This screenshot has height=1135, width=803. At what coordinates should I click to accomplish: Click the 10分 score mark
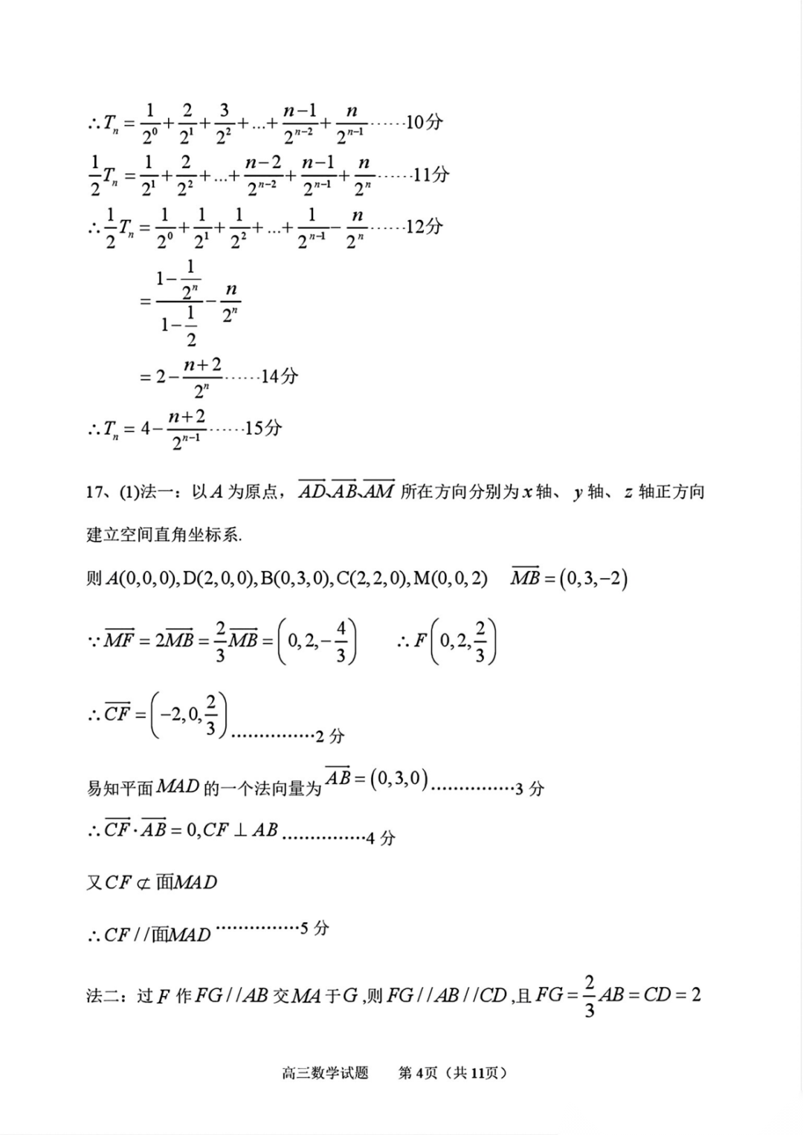coord(425,122)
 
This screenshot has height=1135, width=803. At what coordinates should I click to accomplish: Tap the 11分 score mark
coord(431,175)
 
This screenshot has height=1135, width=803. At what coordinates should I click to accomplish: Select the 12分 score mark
coord(425,227)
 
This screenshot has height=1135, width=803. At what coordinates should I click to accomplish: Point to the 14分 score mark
coord(280,377)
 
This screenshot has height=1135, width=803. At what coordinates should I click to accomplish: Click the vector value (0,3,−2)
coord(594,578)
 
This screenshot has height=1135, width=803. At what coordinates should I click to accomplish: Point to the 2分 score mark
coord(330,737)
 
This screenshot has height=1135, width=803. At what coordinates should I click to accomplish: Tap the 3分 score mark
coord(529,789)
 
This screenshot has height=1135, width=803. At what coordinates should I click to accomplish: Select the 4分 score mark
coord(381,839)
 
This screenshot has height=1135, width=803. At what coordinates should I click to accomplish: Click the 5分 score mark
coord(315,928)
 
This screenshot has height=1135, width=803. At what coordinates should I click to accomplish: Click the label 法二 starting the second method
coord(103,996)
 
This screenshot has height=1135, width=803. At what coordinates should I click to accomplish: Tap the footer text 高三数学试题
coord(326,1073)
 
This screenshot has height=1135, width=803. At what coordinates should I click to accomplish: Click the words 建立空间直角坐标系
coord(164,535)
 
